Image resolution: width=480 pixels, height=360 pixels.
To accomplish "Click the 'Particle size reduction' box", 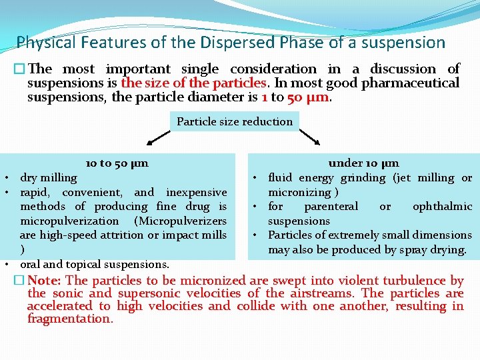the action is (x=235, y=121).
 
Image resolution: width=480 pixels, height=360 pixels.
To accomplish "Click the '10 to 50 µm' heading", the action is (x=117, y=163).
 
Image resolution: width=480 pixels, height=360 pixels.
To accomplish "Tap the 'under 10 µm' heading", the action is (x=364, y=163).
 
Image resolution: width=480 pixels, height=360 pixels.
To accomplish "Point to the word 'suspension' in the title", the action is (x=405, y=43).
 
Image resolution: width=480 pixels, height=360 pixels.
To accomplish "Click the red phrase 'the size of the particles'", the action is (x=193, y=83).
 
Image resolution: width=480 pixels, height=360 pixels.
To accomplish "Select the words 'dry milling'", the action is (x=49, y=178).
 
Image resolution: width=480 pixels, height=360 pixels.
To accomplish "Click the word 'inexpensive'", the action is (x=196, y=192).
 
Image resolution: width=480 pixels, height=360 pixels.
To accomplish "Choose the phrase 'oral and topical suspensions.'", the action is (x=95, y=264).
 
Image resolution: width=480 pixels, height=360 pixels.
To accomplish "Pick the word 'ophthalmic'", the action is (x=442, y=207).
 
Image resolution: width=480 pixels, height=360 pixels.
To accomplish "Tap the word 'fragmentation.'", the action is (x=70, y=319).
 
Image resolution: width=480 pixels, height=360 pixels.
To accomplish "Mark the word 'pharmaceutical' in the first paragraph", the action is (x=410, y=83).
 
